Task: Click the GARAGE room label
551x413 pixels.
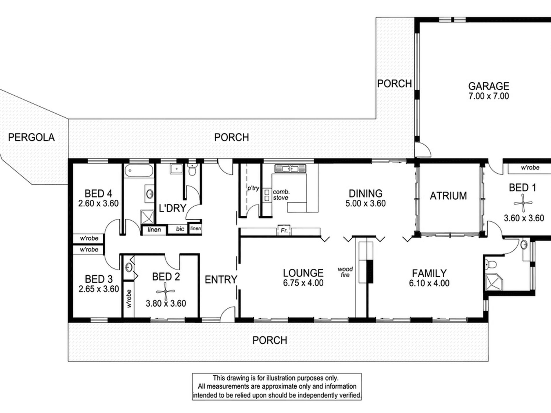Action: pyautogui.click(x=489, y=86)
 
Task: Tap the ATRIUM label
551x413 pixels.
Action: pyautogui.click(x=448, y=196)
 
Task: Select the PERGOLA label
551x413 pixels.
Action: pyautogui.click(x=31, y=137)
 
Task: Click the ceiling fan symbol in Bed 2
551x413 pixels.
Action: pyautogui.click(x=166, y=291)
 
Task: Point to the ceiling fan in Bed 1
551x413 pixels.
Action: pyautogui.click(x=523, y=203)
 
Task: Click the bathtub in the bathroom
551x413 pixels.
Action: pyautogui.click(x=139, y=171)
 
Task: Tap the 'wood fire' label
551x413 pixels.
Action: pyautogui.click(x=345, y=272)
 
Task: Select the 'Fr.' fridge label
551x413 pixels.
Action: pyautogui.click(x=284, y=231)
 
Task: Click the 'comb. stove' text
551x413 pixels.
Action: pyautogui.click(x=281, y=195)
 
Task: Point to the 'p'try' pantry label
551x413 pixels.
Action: pyautogui.click(x=253, y=188)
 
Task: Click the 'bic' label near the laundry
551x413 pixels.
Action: pyautogui.click(x=180, y=229)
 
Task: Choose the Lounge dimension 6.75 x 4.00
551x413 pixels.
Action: pyautogui.click(x=303, y=283)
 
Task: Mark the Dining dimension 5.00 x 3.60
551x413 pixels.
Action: pyautogui.click(x=365, y=203)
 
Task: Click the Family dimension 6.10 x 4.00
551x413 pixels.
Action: pyautogui.click(x=429, y=283)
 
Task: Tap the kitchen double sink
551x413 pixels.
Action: pyautogui.click(x=290, y=168)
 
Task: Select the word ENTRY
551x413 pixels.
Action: pyautogui.click(x=221, y=280)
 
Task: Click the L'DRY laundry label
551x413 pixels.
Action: pyautogui.click(x=172, y=208)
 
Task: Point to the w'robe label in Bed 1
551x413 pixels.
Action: pyautogui.click(x=530, y=168)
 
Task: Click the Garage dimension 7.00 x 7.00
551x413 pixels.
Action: pyautogui.click(x=489, y=96)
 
